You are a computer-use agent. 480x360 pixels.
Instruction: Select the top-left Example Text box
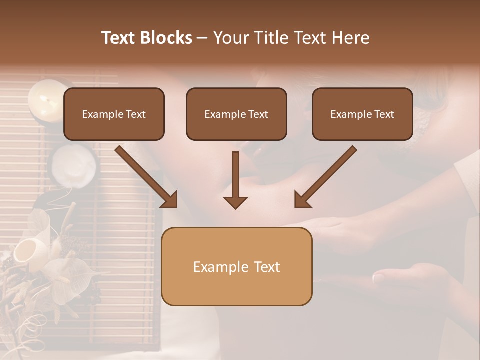[114, 114]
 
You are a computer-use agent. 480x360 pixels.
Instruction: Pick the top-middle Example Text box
[236, 114]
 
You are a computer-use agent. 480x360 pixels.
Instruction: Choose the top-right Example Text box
[362, 114]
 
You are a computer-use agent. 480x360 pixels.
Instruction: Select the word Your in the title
[231, 38]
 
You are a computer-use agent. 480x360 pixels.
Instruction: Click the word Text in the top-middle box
[258, 114]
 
